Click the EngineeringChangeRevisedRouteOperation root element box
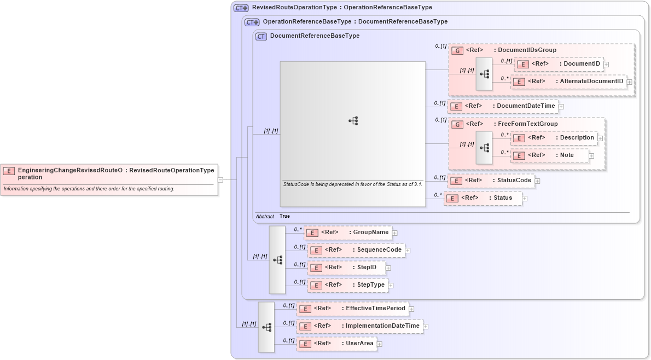coord(109,173)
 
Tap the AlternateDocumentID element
coord(568,82)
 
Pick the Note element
coord(549,155)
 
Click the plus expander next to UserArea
coord(380,344)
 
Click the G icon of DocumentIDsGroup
coord(457,50)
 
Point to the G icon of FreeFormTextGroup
coord(457,125)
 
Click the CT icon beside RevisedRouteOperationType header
coord(241,8)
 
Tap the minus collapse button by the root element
coord(220,179)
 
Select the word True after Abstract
coord(284,217)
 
